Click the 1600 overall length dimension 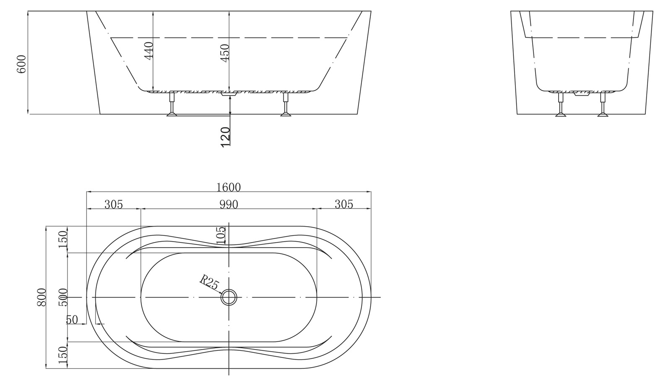pyautogui.click(x=229, y=187)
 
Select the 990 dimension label pyautogui.click(x=229, y=204)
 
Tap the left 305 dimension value pyautogui.click(x=114, y=204)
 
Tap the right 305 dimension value pyautogui.click(x=344, y=204)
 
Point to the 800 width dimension pyautogui.click(x=42, y=297)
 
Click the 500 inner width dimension pyautogui.click(x=63, y=297)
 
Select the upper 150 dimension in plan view pyautogui.click(x=63, y=239)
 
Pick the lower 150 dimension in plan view pyautogui.click(x=63, y=355)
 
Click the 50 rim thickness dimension pyautogui.click(x=72, y=320)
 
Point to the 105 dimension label pyautogui.click(x=221, y=235)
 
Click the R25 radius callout pyautogui.click(x=209, y=282)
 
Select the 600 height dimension pyautogui.click(x=21, y=64)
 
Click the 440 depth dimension pyautogui.click(x=149, y=51)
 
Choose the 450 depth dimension pyautogui.click(x=225, y=53)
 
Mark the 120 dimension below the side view pyautogui.click(x=225, y=137)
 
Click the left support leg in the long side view pyautogui.click(x=172, y=104)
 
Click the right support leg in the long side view pyautogui.click(x=286, y=104)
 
